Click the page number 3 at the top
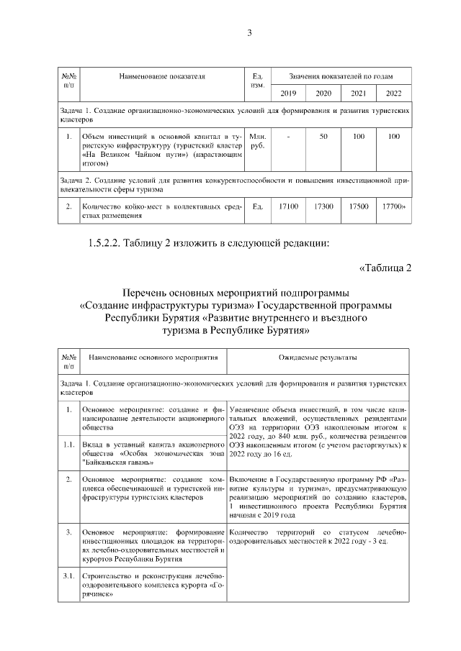click(249, 32)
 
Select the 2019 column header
click(287, 93)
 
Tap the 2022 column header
click(393, 93)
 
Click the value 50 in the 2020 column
click(323, 136)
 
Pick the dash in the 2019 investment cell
click(287, 136)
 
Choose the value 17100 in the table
click(287, 206)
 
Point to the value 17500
click(358, 206)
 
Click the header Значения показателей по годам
click(340, 75)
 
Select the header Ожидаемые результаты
click(318, 357)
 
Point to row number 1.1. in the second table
click(69, 444)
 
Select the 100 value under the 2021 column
click(358, 136)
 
